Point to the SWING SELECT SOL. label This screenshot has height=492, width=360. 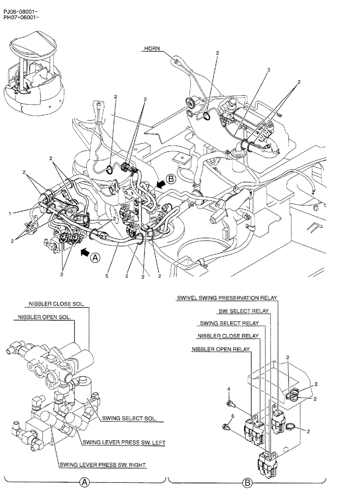point(129,419)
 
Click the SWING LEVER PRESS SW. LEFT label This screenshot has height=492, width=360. point(123,442)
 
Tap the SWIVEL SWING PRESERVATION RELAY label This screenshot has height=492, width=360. point(228,298)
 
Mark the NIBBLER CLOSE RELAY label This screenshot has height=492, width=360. point(228,337)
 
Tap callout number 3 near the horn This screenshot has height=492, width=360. point(269,70)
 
